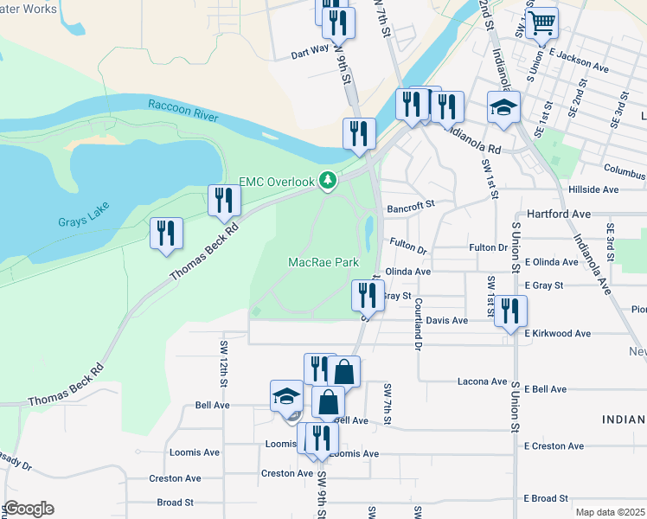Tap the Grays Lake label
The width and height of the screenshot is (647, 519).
coord(81,221)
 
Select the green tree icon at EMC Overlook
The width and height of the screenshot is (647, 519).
coord(327,180)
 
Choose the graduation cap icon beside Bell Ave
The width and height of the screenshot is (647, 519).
coord(286,396)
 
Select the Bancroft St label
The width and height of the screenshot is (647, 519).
coord(409,208)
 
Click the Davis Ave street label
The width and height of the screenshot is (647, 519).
coord(446,321)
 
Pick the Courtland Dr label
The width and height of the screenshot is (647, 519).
coord(418,318)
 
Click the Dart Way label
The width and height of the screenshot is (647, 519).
coord(310,52)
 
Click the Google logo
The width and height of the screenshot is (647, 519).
coord(28,509)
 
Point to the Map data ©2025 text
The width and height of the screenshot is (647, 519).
coord(610,512)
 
